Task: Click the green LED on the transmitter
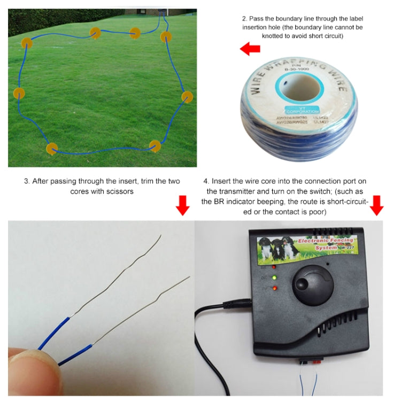(274, 278)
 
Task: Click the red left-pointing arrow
(250, 50)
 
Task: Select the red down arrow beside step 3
(183, 205)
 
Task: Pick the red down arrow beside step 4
(377, 205)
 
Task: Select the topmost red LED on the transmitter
(273, 266)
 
